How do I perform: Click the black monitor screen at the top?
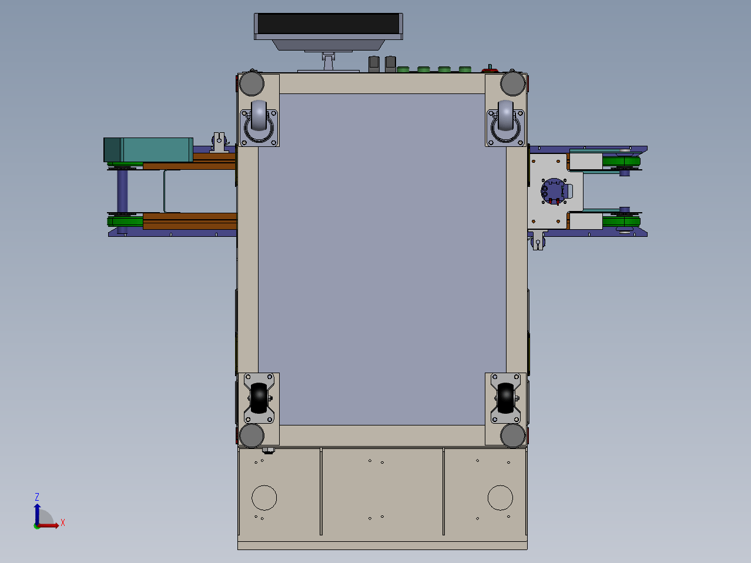click(328, 24)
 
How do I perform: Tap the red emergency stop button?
click(490, 70)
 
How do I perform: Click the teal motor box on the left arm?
click(148, 150)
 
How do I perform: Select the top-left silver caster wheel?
click(259, 116)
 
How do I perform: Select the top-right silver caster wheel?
click(506, 116)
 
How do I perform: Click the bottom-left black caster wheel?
click(259, 398)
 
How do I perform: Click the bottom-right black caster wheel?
click(506, 398)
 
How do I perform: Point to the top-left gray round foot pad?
click(252, 83)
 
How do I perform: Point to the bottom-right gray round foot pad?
click(512, 435)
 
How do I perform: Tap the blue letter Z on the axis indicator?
click(37, 497)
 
